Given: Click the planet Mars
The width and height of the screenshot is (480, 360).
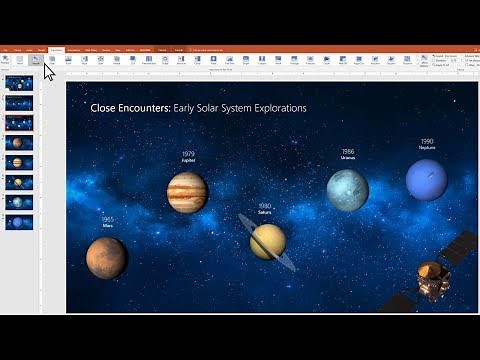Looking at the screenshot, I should (106, 257).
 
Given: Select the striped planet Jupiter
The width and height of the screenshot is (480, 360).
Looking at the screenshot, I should (187, 192).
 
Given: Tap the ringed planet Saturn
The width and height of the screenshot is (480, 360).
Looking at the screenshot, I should (267, 241).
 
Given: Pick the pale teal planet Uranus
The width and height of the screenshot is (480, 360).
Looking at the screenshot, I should (348, 190).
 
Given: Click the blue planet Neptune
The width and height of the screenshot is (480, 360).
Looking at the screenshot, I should (426, 180).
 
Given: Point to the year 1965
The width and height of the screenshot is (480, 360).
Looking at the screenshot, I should (108, 218).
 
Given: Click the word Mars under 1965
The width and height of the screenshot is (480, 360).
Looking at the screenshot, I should (108, 226).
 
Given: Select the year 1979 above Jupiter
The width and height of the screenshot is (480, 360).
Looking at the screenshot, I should (188, 154).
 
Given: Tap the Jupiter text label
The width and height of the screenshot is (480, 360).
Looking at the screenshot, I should (188, 161).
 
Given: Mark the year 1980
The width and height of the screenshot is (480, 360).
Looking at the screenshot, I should (265, 205).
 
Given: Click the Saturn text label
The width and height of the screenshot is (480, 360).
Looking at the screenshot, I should (265, 212).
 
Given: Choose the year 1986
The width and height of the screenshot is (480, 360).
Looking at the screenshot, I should (347, 151).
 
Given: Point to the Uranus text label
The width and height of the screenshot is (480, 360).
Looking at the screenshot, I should (347, 158).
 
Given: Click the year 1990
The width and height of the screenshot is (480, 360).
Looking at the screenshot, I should (427, 141).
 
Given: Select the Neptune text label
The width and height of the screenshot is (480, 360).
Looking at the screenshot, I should (427, 148).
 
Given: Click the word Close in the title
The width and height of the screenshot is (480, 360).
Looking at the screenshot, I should (103, 107).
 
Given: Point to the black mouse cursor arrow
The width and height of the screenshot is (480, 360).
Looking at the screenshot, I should (49, 73).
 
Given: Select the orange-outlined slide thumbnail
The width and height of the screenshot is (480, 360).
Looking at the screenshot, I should (19, 123).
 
